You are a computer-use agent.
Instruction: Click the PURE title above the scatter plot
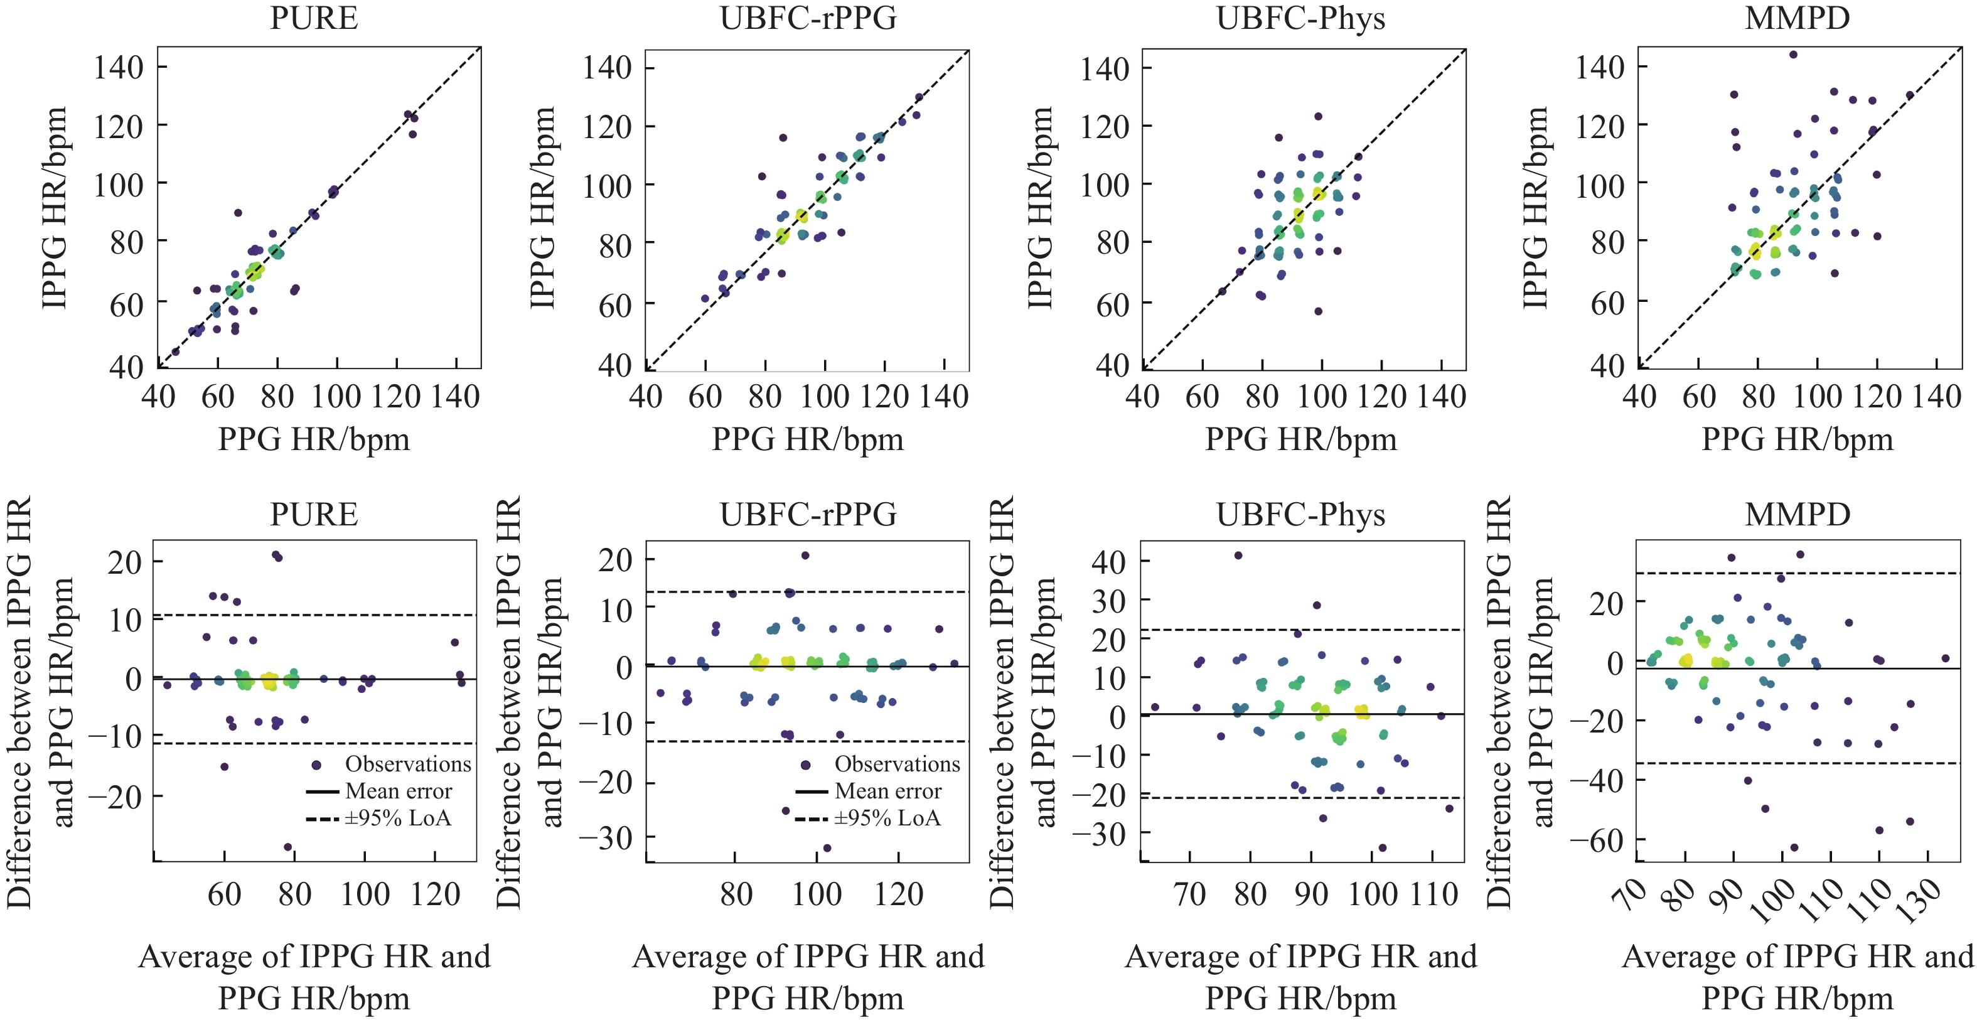(x=314, y=18)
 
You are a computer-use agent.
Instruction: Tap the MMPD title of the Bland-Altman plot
(x=1798, y=514)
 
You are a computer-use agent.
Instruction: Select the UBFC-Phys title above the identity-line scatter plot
(x=1301, y=18)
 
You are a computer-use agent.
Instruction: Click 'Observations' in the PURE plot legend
(x=407, y=764)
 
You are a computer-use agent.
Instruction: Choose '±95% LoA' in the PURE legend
(x=397, y=817)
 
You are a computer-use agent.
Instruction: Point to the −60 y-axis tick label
(x=1597, y=840)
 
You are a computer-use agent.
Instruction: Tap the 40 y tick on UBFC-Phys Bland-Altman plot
(x=1108, y=561)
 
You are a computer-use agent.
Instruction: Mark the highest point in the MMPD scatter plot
(x=1794, y=55)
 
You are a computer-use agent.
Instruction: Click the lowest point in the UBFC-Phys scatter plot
(x=1319, y=311)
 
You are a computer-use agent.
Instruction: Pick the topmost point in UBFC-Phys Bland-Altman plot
(x=1238, y=556)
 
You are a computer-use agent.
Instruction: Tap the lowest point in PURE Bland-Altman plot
(x=288, y=847)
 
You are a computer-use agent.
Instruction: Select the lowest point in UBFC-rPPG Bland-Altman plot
(x=827, y=848)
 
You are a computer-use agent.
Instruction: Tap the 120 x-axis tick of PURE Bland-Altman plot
(x=435, y=894)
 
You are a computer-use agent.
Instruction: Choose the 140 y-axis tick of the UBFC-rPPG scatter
(x=606, y=68)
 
